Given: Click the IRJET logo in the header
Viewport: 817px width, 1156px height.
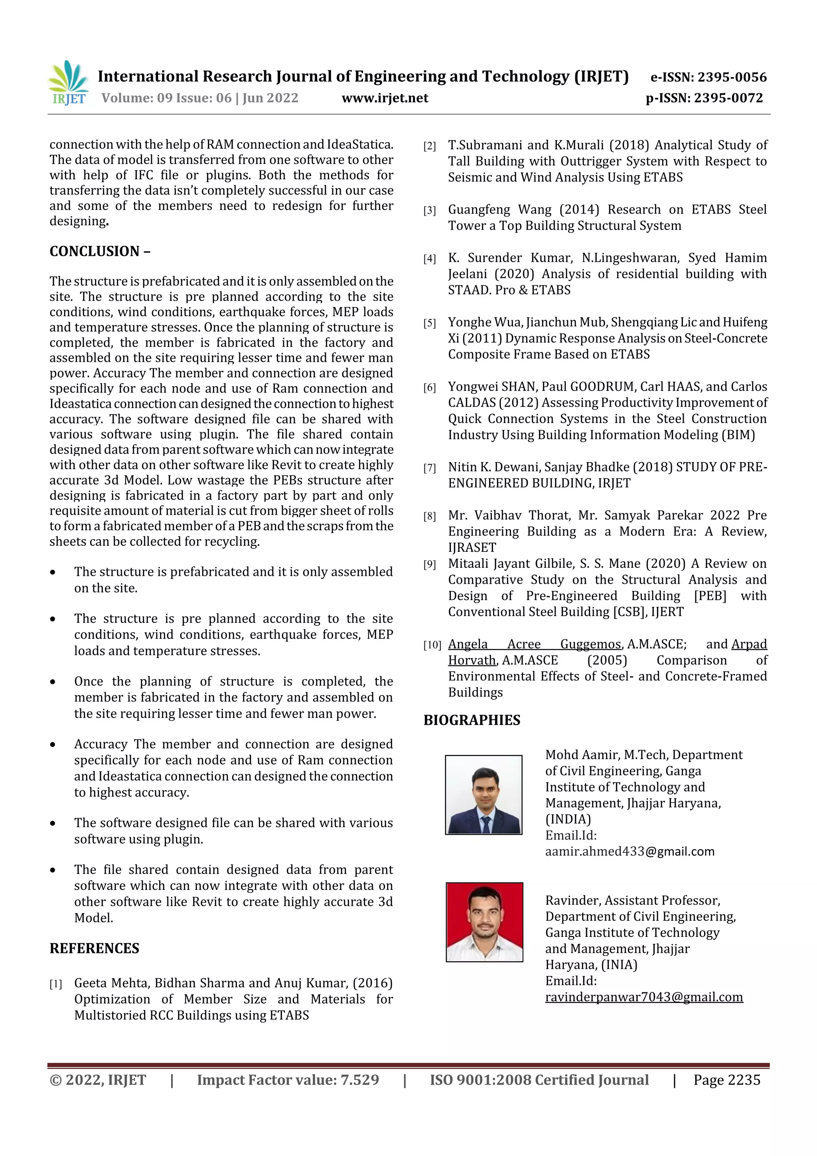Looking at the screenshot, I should click(69, 83).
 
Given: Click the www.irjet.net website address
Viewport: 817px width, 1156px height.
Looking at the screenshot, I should click(385, 98).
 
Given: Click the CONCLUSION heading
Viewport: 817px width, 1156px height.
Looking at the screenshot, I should click(99, 251).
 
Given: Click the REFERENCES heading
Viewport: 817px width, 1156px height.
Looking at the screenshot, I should click(94, 948).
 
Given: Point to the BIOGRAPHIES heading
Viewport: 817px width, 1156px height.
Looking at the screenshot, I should click(472, 720).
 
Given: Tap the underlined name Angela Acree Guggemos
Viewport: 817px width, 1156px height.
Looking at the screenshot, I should click(534, 644).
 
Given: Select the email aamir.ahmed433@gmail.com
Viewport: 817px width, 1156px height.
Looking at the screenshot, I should click(630, 852).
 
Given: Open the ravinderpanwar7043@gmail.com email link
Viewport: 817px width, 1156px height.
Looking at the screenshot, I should click(644, 997).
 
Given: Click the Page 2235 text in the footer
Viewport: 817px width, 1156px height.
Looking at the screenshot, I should click(726, 1079).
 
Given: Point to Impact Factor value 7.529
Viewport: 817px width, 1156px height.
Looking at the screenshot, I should click(288, 1079).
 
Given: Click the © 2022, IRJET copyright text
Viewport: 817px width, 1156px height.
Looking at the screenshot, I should click(98, 1079).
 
